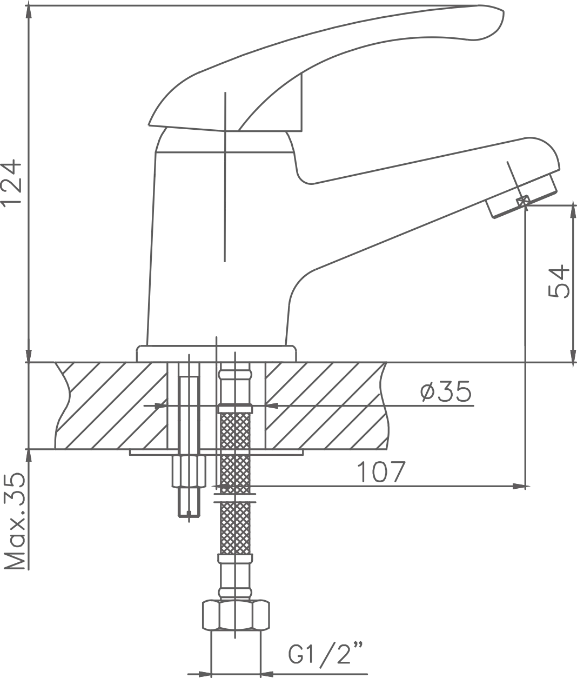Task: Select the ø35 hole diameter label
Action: click(x=446, y=391)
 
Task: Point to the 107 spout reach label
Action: click(x=381, y=471)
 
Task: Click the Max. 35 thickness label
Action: click(x=15, y=521)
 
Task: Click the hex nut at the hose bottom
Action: click(x=236, y=615)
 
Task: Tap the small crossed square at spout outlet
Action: click(x=523, y=201)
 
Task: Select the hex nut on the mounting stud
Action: click(x=189, y=471)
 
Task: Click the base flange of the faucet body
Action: click(x=216, y=354)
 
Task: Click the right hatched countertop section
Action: click(x=326, y=406)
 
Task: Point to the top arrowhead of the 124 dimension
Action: click(x=29, y=13)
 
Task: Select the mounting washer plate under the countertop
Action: click(x=216, y=452)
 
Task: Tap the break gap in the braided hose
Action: click(x=234, y=498)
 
